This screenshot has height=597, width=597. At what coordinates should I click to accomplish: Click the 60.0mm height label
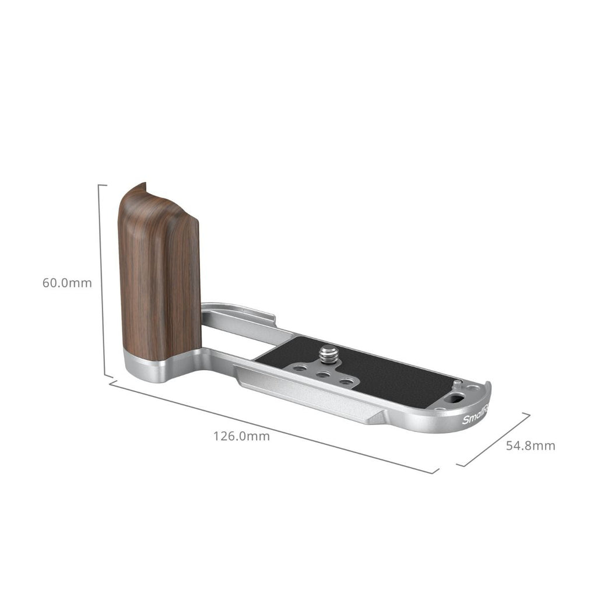pyautogui.click(x=67, y=283)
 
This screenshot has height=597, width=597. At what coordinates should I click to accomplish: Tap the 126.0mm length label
pyautogui.click(x=241, y=436)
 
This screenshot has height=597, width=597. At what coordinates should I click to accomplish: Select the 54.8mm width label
pyautogui.click(x=530, y=446)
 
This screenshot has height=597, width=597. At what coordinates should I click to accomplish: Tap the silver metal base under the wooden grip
pyautogui.click(x=146, y=368)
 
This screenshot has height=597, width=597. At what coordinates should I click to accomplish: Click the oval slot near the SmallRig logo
pyautogui.click(x=457, y=401)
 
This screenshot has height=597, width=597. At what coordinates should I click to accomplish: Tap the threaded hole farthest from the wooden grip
pyautogui.click(x=346, y=382)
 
